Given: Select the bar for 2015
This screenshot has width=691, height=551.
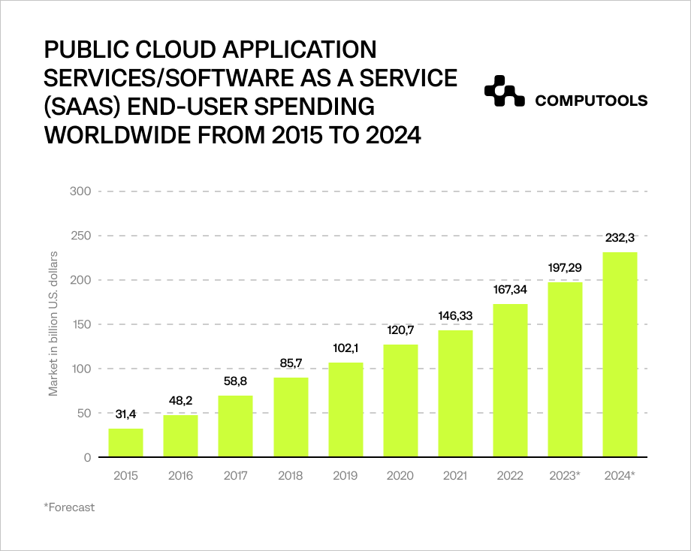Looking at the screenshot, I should click(x=125, y=442).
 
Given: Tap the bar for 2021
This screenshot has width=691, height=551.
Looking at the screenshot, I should click(x=455, y=393).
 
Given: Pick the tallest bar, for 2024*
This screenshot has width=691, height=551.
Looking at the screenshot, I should click(x=620, y=354).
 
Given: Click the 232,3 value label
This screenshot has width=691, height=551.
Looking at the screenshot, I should click(x=620, y=237).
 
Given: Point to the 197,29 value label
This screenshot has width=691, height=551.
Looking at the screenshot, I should click(x=565, y=268).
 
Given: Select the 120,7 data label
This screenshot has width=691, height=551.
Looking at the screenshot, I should click(x=400, y=330).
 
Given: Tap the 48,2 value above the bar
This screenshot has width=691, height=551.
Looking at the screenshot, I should click(x=180, y=401).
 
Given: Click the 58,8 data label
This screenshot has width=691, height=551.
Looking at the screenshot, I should click(x=235, y=381).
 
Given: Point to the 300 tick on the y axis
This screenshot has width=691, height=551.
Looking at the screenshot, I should click(x=81, y=191).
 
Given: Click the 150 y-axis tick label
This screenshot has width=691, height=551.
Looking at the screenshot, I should click(x=81, y=324).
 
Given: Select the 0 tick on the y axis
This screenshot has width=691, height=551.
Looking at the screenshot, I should click(x=87, y=457).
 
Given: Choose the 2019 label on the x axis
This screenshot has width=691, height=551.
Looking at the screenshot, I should click(x=345, y=476).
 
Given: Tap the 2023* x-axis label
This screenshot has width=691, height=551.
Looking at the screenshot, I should click(x=565, y=476).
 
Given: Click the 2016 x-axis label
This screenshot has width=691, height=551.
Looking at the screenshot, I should click(x=180, y=476).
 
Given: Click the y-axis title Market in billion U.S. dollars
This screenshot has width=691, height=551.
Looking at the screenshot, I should click(x=54, y=324).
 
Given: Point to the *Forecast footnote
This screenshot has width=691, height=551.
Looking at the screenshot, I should click(x=70, y=507).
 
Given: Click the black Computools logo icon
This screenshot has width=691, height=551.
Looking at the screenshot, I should click(x=503, y=92).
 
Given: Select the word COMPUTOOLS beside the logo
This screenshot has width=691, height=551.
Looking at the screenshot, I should click(x=591, y=101).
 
